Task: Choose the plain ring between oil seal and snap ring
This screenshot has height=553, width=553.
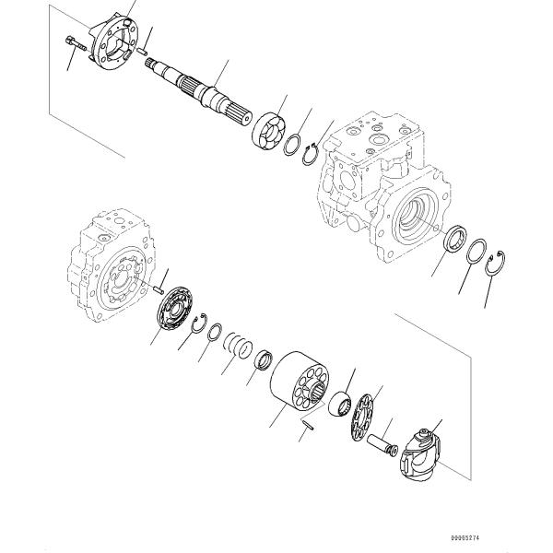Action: pos(477,251)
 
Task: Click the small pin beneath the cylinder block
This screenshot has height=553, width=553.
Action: pos(311,424)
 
